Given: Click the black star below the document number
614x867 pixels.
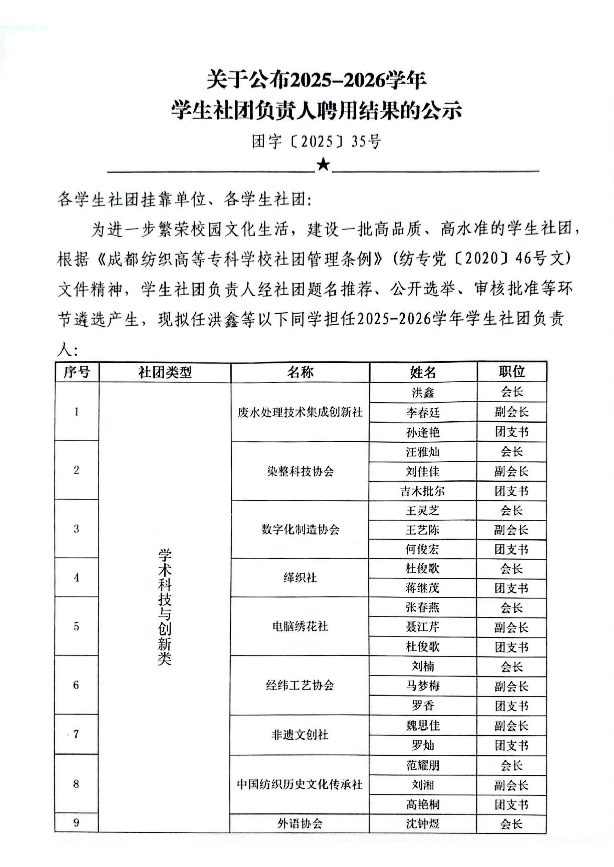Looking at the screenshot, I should point(323,165).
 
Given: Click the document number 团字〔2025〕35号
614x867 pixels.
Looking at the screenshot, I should point(317,142).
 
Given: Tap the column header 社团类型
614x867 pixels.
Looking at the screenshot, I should point(165,372).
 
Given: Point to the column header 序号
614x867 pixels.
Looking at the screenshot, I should point(77,372).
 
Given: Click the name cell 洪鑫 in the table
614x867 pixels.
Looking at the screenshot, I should point(423,392).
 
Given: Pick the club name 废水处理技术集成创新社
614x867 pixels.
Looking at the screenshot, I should point(300,412).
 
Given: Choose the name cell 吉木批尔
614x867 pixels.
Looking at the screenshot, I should point(423,491).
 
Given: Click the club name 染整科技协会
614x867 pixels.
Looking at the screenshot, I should point(300,472).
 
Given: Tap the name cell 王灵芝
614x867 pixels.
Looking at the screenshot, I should point(423,511).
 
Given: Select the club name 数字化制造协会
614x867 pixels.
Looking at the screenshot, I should point(300,530).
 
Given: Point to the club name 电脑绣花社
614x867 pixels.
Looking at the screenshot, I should point(300,627).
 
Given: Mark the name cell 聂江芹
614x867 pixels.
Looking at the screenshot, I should point(423,627).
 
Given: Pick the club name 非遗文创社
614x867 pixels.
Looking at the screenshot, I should point(300,735).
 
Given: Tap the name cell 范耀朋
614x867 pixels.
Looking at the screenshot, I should point(423,765).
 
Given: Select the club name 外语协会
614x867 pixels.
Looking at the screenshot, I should point(300,823).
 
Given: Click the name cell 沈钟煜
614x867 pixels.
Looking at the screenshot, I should point(423,823).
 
